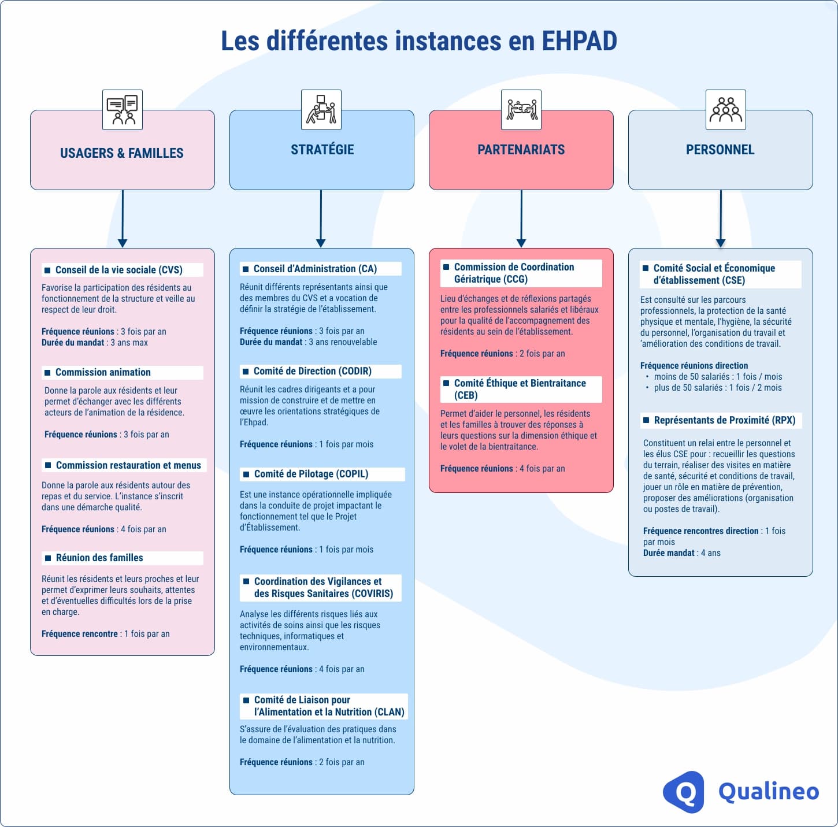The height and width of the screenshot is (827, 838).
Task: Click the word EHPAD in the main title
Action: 579,41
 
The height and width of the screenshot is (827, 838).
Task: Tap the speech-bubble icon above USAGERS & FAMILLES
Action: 123,110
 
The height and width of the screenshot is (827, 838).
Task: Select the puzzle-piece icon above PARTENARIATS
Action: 521,110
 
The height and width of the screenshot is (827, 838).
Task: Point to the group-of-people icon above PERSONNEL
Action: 725,110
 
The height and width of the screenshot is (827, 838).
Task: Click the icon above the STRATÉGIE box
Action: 321,110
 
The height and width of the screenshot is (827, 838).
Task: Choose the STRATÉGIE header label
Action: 322,150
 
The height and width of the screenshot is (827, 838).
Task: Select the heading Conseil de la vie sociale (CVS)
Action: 118,270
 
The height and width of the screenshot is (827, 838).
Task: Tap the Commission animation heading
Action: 103,372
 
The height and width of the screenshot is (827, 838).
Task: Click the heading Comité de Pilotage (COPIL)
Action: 311,474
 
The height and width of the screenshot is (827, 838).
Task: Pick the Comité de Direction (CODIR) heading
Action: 312,371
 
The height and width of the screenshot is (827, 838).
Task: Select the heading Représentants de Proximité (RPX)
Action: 724,420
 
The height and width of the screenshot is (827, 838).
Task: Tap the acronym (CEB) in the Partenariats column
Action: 466,395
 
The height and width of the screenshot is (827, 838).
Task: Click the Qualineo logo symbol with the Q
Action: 684,792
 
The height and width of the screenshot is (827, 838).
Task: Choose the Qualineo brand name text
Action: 769,792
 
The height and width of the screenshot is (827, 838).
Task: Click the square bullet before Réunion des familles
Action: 48,558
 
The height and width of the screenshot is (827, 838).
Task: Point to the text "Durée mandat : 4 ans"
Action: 681,553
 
